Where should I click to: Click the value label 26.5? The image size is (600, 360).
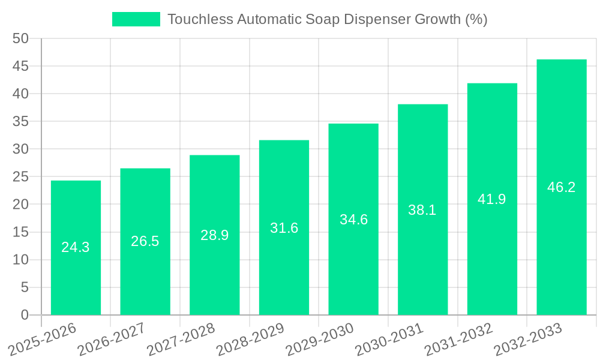(x=145, y=241)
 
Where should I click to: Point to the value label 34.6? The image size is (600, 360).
(x=353, y=220)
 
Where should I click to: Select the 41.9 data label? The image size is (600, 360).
(x=492, y=199)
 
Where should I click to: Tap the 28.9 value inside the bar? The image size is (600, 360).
(x=215, y=235)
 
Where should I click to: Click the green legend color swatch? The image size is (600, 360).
(x=136, y=19)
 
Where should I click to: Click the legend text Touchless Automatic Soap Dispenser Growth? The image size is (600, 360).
(x=327, y=19)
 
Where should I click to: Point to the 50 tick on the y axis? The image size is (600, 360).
(x=20, y=38)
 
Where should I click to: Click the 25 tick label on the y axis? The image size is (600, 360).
(x=20, y=177)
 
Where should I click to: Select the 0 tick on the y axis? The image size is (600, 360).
(x=25, y=315)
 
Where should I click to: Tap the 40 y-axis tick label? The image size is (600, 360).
(x=20, y=94)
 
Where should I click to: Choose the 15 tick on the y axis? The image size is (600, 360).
(x=20, y=232)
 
